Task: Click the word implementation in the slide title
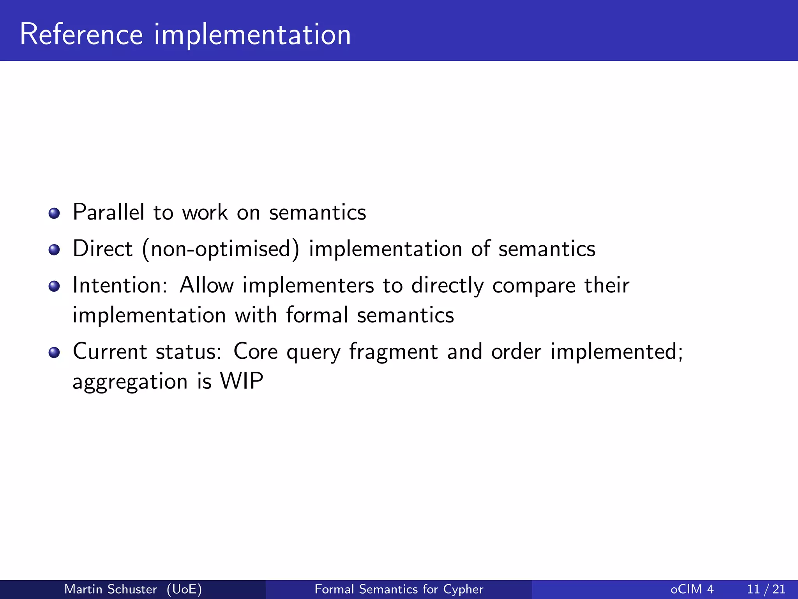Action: pyautogui.click(x=252, y=35)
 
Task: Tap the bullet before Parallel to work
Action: pyautogui.click(x=54, y=213)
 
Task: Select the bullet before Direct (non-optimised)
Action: pyautogui.click(x=54, y=250)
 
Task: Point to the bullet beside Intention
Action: pyautogui.click(x=54, y=286)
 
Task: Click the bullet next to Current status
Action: pyautogui.click(x=54, y=353)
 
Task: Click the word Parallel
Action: pyautogui.click(x=108, y=213)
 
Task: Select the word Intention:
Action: pyautogui.click(x=120, y=285)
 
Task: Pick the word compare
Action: pyautogui.click(x=534, y=286)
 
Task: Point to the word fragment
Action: pyautogui.click(x=394, y=353)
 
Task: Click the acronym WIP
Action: pyautogui.click(x=242, y=381)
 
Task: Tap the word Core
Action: pyautogui.click(x=255, y=352)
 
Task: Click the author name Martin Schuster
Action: pyautogui.click(x=110, y=589)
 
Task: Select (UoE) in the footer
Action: pyautogui.click(x=184, y=589)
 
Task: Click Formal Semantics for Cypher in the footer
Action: pyautogui.click(x=399, y=589)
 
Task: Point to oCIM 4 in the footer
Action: pyautogui.click(x=692, y=589)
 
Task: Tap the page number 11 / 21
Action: pyautogui.click(x=766, y=589)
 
